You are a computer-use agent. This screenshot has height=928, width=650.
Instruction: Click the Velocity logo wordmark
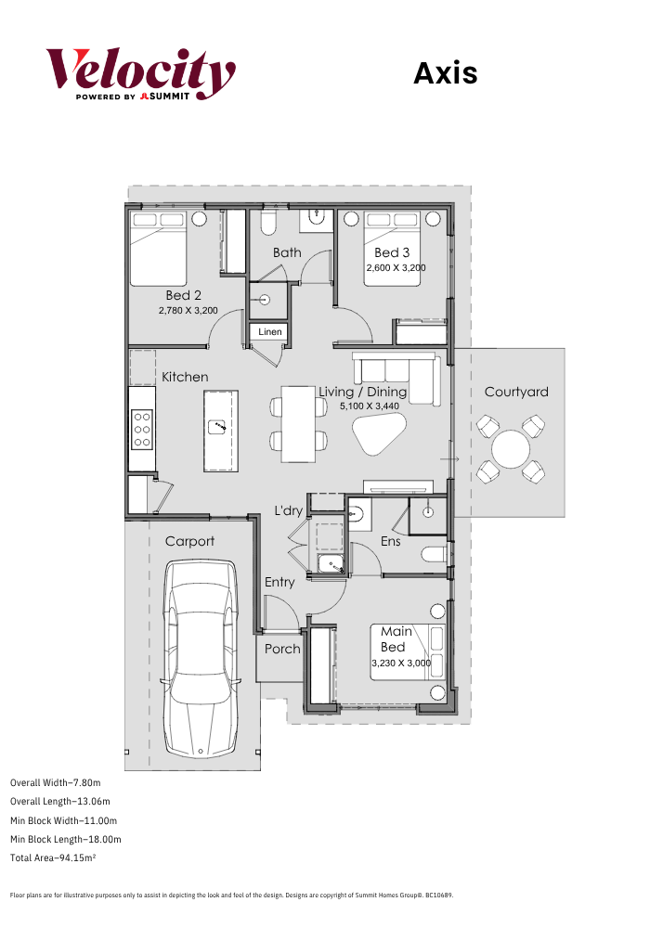tap(141, 74)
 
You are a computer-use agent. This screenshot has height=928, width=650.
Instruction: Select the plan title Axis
tap(445, 73)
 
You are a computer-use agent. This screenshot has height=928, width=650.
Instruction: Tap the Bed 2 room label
tap(184, 295)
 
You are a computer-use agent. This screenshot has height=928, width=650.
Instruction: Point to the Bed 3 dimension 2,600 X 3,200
tap(396, 267)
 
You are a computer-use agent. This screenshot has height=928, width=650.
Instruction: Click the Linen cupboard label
tap(270, 332)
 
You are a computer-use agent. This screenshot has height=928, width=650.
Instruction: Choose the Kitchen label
tap(185, 377)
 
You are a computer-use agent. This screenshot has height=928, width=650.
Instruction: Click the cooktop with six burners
tap(142, 429)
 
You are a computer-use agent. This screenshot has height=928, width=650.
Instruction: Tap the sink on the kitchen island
tap(218, 426)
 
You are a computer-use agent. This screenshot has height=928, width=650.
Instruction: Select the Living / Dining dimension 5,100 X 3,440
tap(370, 406)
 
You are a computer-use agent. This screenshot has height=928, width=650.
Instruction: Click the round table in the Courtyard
tap(511, 449)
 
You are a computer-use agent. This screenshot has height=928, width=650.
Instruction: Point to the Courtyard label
tap(516, 392)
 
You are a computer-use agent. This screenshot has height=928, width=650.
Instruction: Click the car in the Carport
tap(201, 658)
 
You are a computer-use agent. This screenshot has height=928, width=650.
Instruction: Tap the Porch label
tap(282, 649)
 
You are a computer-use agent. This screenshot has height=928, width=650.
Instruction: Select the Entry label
tap(279, 583)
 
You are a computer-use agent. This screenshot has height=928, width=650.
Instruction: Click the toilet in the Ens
tap(435, 555)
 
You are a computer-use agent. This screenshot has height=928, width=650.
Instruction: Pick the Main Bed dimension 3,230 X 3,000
tap(401, 663)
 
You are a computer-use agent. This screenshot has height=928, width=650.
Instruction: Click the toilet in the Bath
tap(268, 222)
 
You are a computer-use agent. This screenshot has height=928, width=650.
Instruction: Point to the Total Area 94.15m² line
tap(53, 857)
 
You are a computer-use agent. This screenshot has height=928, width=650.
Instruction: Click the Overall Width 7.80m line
tap(55, 782)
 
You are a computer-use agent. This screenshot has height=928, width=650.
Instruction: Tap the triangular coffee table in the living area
tap(379, 433)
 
